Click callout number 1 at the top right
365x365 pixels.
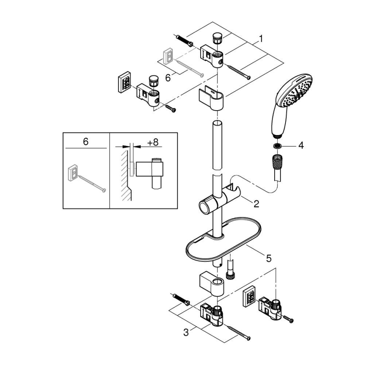click(x=261, y=39)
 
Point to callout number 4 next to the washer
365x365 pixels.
click(x=301, y=145)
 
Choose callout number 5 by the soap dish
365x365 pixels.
click(x=268, y=258)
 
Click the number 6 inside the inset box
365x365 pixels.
click(x=85, y=142)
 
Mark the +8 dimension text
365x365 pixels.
click(x=153, y=143)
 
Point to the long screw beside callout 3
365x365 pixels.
click(x=238, y=332)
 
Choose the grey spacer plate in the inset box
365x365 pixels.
click(x=73, y=172)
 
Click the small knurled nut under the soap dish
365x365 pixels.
click(x=230, y=275)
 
